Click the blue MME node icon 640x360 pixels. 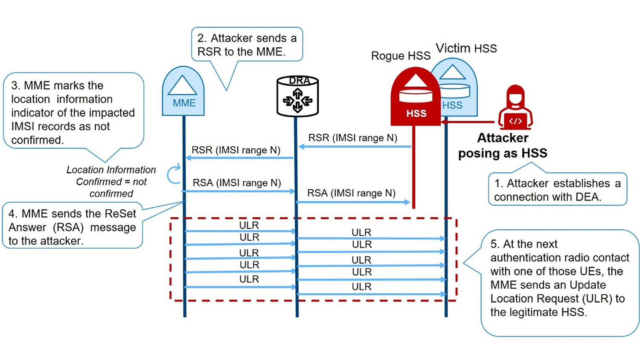coord(183,92)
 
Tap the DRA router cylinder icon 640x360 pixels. coord(297,97)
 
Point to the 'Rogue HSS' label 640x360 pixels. coord(400,56)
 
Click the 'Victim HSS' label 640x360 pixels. coord(466,48)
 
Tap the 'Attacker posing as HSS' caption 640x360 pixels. coord(503,146)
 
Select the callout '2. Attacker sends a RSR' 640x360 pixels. coord(247,45)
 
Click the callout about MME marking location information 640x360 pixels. coord(73,112)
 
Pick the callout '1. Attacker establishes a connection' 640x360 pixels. coord(557,190)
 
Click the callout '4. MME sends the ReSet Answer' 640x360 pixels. coord(72,227)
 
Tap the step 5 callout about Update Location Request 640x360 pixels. coord(559,278)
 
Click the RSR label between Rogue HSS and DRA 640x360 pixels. coord(352,138)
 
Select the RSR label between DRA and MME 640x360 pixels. coord(236,150)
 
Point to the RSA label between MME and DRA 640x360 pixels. coord(237,183)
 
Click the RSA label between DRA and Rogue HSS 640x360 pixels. coord(351,193)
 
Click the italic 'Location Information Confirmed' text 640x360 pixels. coord(111,182)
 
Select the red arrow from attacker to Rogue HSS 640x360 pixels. coord(468,122)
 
